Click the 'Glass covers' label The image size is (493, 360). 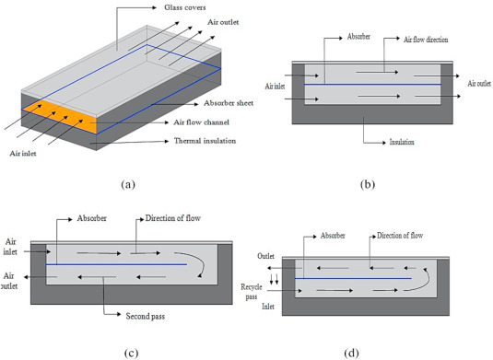coord(185,7)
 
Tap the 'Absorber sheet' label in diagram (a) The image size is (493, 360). coord(229,103)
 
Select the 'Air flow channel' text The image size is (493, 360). coord(201,122)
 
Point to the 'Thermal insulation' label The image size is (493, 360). coord(205,141)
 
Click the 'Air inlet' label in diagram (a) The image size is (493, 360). coord(23,153)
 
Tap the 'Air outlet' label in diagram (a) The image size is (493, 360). coord(223,22)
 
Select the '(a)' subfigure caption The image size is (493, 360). coord(128,184)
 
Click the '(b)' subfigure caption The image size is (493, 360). coord(368,184)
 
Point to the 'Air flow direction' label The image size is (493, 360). coord(426,40)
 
